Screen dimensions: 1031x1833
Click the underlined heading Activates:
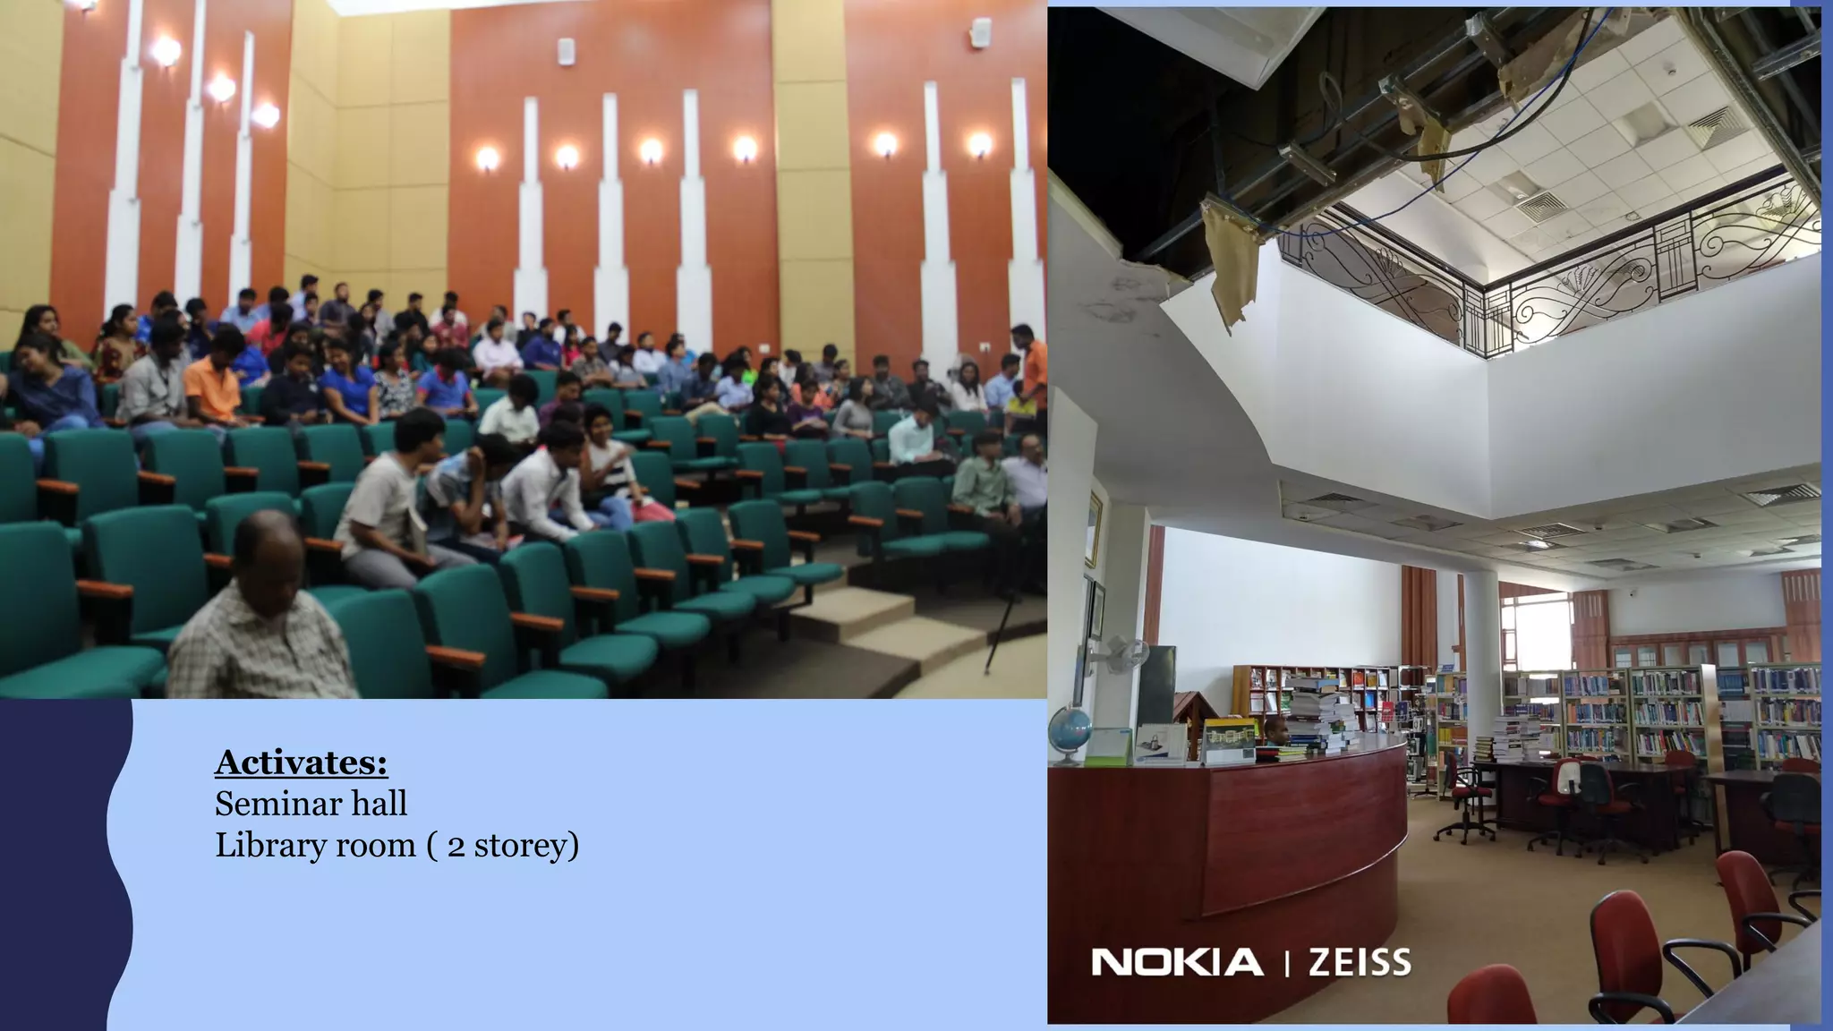[x=301, y=763]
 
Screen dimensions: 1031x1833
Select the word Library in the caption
[x=270, y=846]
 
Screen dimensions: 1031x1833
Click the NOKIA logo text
[x=1177, y=963]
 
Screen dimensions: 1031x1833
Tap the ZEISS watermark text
[x=1360, y=963]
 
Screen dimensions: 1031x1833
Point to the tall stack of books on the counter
[x=1320, y=711]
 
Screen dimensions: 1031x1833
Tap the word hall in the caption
[x=379, y=804]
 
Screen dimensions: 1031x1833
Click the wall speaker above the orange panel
[x=565, y=51]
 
